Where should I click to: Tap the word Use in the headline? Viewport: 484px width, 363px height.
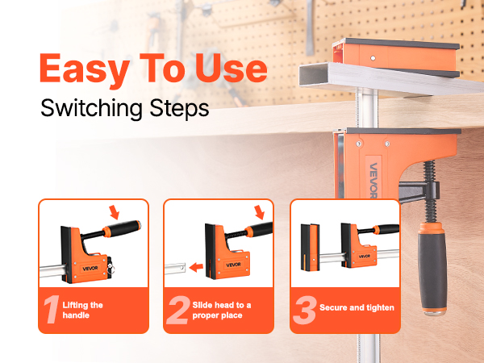(x=232, y=68)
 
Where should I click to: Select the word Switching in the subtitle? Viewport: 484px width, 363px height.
(x=91, y=109)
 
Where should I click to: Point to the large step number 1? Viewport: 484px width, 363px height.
(x=52, y=310)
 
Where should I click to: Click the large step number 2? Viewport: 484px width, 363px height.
(x=178, y=310)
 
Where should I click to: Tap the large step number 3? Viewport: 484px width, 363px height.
(x=305, y=310)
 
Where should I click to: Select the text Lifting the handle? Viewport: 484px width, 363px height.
(x=82, y=311)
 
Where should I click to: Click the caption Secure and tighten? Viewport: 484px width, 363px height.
(x=357, y=307)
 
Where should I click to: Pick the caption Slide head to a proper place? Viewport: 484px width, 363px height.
(x=222, y=311)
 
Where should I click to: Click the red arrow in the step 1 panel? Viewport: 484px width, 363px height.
(x=115, y=212)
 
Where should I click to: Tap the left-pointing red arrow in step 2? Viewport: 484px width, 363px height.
(x=196, y=267)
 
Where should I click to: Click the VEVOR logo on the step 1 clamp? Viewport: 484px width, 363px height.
(x=90, y=268)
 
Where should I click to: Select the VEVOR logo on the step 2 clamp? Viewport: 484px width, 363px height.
(x=233, y=265)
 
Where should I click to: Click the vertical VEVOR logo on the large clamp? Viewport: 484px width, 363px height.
(x=373, y=180)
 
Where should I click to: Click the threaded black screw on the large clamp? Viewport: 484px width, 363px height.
(x=429, y=192)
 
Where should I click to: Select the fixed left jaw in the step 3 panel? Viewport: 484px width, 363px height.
(x=310, y=248)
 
